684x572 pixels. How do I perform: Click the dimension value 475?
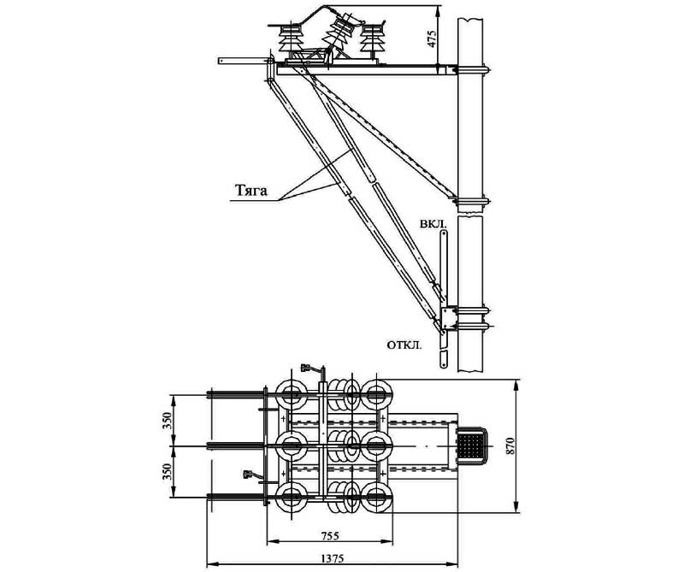432,38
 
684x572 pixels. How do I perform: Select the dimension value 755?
329,536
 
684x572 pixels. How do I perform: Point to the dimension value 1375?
333,558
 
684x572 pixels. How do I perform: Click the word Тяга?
251,191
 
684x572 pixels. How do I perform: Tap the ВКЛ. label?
433,225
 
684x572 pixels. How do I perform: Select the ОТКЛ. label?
404,345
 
